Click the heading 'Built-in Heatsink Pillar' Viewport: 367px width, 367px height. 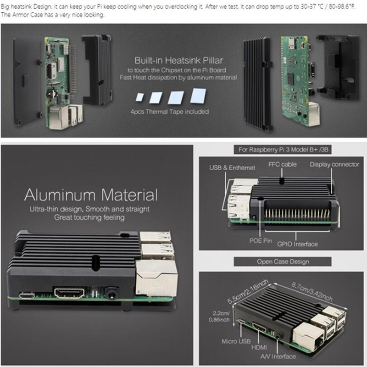pos(178,61)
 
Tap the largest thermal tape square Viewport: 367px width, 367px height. pos(198,95)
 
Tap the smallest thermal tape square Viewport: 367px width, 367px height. pos(140,97)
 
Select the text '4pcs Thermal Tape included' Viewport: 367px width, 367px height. pos(169,111)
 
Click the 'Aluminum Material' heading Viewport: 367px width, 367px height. pos(91,195)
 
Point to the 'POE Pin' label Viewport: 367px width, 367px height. pos(261,240)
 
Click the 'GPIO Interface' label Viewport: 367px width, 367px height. pos(297,244)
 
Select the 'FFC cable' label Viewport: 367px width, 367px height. pos(283,164)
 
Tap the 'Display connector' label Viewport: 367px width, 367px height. pos(334,164)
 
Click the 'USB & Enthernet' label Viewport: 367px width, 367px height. pos(232,167)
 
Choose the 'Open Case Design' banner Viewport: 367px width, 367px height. pos(283,261)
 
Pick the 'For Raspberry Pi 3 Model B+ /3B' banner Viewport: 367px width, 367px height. pos(283,150)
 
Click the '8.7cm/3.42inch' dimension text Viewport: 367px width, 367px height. pos(312,292)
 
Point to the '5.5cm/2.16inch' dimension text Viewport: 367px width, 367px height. pos(248,291)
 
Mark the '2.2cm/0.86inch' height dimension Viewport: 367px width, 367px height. pos(219,317)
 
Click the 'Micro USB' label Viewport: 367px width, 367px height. pos(236,341)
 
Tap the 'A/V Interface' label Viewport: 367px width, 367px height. pos(278,356)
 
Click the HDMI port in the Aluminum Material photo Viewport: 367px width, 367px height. pos(69,293)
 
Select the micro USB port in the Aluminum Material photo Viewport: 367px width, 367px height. pos(27,295)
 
